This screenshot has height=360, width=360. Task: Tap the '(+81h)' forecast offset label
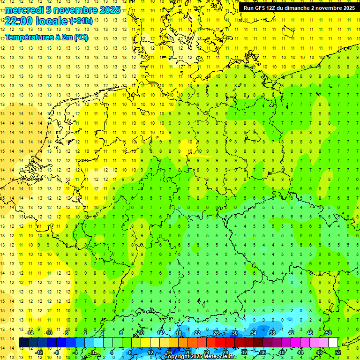[x=81, y=21]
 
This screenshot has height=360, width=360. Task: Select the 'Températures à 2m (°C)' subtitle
[x=46, y=37]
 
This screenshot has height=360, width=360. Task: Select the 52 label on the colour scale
[x=338, y=352]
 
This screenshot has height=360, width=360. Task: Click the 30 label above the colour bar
[x=235, y=332]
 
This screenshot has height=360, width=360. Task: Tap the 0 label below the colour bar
[x=92, y=352]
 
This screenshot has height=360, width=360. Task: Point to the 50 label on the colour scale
[x=329, y=332]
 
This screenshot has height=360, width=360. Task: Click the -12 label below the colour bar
[x=39, y=352]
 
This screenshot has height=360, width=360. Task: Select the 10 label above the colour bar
[x=141, y=332]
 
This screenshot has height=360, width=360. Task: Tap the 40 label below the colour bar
[x=282, y=352]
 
